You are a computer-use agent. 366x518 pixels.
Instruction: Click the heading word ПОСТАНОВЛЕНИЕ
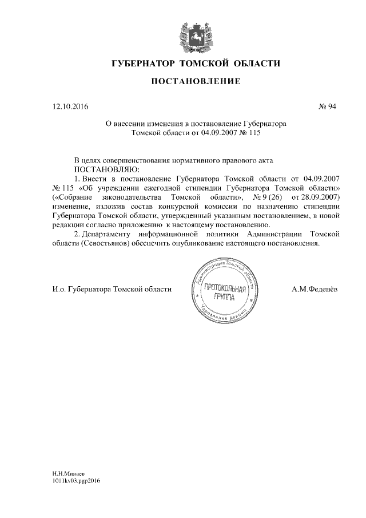[195, 82]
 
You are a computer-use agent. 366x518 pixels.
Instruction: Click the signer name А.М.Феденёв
[314, 289]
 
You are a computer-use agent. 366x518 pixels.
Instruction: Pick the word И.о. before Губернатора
[58, 289]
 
